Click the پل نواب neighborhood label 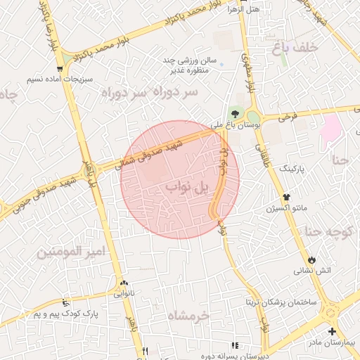pyautogui.click(x=188, y=188)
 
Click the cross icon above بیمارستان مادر pyautogui.click(x=331, y=331)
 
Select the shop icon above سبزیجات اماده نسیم pyautogui.click(x=60, y=69)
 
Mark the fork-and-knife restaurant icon pyautogui.click(x=145, y=350)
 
